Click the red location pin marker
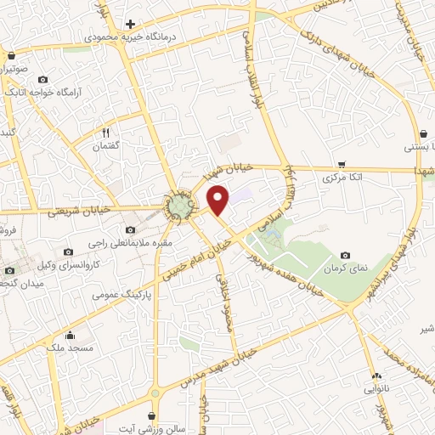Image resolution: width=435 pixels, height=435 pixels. [219, 201]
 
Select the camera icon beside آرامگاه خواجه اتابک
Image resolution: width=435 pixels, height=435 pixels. [43, 79]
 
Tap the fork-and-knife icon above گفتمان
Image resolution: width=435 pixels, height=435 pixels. [106, 133]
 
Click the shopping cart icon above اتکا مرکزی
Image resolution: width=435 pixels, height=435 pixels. [342, 164]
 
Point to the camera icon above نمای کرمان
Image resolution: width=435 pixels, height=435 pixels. [345, 255]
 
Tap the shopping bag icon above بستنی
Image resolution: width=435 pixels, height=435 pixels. [423, 133]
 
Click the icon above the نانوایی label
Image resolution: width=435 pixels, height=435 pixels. [376, 375]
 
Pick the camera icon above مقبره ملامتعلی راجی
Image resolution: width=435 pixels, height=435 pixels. [129, 229]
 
